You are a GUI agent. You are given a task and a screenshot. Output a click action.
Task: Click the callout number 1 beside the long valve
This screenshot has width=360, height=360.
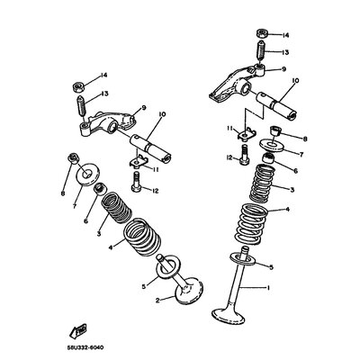pyautogui.click(x=268, y=288)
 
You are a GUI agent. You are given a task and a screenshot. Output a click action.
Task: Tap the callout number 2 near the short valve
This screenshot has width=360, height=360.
pyautogui.click(x=157, y=300)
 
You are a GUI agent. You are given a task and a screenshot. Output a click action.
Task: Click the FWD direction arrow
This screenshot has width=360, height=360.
pyautogui.click(x=78, y=330)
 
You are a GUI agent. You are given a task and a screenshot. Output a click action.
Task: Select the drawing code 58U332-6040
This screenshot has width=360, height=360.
pyautogui.click(x=85, y=348)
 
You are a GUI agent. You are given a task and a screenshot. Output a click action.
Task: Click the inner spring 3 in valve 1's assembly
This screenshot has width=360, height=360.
pyautogui.click(x=262, y=183)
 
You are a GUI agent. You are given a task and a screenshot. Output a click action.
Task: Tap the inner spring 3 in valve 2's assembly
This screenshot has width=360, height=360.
pyautogui.click(x=116, y=208)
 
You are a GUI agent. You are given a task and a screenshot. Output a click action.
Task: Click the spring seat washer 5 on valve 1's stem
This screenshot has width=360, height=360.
pyautogui.click(x=243, y=259)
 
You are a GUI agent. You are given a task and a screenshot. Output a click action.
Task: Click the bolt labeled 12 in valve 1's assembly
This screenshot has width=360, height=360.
pyautogui.click(x=245, y=155)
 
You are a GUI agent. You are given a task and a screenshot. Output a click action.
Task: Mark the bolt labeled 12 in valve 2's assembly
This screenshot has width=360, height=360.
pyautogui.click(x=137, y=181)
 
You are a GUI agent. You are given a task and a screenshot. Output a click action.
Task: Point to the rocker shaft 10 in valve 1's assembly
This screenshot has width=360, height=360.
pyautogui.click(x=276, y=106)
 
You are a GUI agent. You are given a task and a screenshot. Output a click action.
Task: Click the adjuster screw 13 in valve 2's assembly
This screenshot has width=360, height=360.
pyautogui.click(x=82, y=105)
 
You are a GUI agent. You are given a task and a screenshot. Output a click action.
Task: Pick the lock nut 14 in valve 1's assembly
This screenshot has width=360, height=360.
pyautogui.click(x=262, y=33)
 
